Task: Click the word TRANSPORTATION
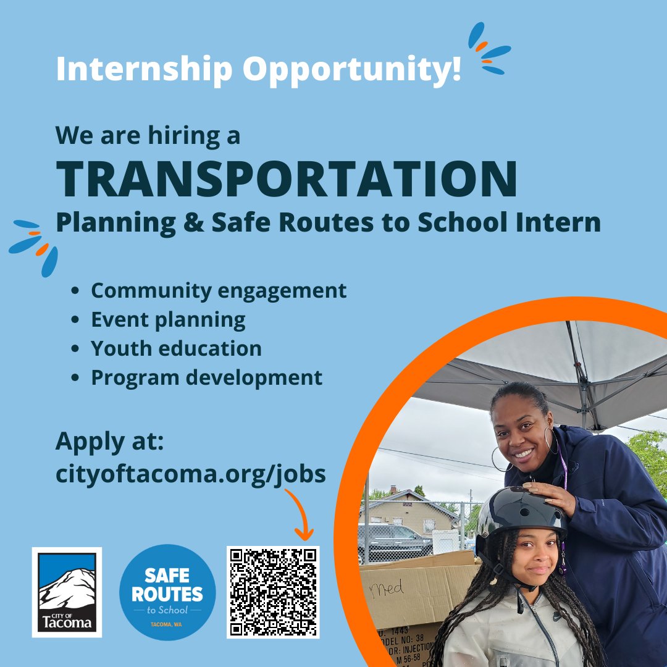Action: [287, 178]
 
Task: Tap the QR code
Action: [273, 592]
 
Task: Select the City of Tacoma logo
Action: [67, 592]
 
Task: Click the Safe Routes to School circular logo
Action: [167, 592]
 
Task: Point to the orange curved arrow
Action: [300, 513]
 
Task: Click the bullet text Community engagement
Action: [219, 290]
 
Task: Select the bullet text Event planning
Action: [168, 319]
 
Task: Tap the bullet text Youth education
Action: [176, 348]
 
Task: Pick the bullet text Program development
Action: [206, 377]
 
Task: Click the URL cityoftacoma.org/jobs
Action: [190, 474]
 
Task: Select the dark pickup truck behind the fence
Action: [395, 540]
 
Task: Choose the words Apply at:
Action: [109, 442]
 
